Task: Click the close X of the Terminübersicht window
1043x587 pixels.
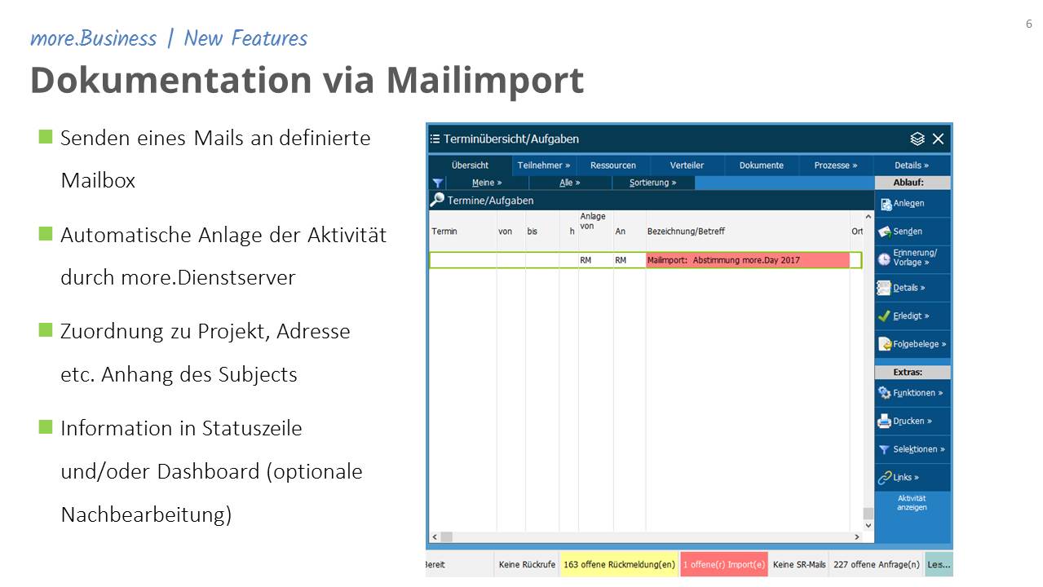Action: point(939,139)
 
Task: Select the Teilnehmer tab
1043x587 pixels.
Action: point(544,166)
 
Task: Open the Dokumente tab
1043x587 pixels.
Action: point(762,166)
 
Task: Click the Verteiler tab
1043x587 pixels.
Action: point(687,166)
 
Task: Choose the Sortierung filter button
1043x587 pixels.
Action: point(653,183)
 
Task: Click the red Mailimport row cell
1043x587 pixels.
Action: point(748,260)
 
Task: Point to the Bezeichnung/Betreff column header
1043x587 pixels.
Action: point(686,232)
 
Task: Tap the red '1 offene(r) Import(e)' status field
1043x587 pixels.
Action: point(724,564)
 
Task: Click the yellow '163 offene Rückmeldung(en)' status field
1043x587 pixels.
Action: point(619,564)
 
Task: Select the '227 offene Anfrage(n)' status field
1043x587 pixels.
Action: point(877,564)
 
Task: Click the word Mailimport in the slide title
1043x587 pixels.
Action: point(485,81)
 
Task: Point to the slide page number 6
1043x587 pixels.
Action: point(1028,24)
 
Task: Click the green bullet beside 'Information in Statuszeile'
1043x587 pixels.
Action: point(46,426)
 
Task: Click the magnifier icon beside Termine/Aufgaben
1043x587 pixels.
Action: point(437,200)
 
